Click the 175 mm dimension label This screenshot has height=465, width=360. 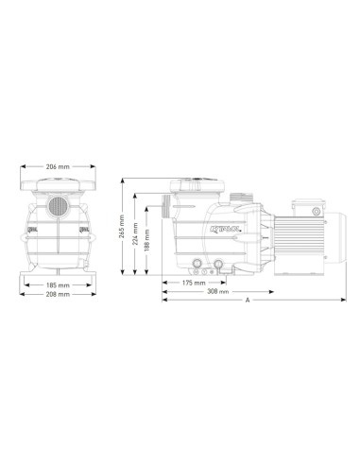click(195, 283)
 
